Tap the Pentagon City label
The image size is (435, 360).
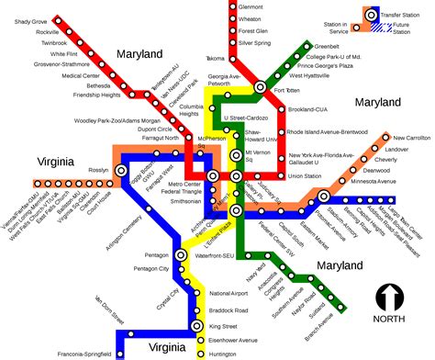click(151, 268)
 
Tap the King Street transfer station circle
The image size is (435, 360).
click(195, 327)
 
